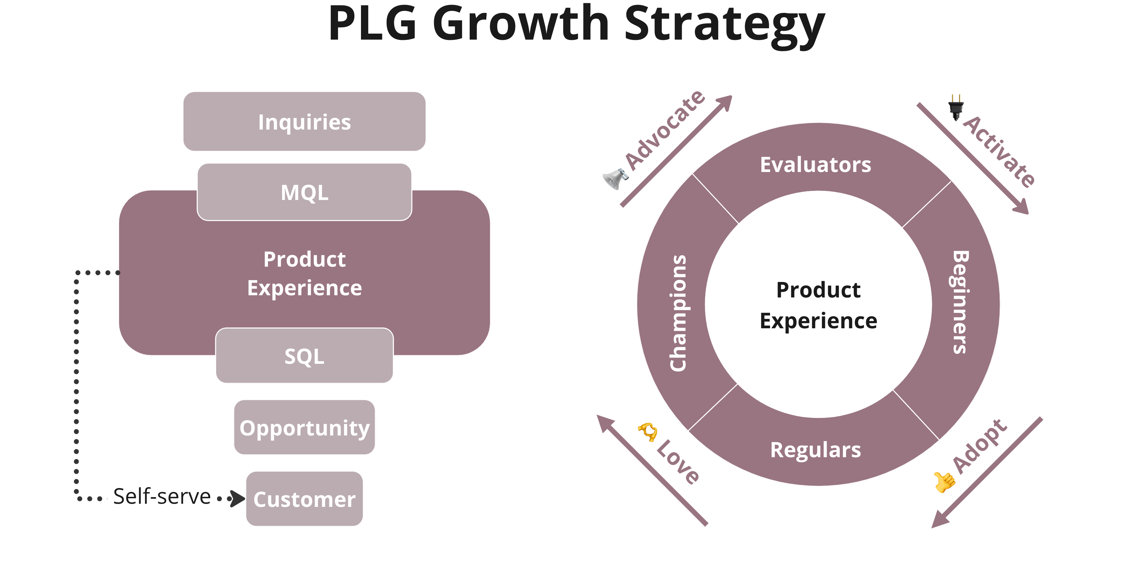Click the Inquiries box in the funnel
pos(304,122)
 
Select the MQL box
pos(304,192)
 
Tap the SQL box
pos(304,356)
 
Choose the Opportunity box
pos(304,428)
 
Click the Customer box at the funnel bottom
pos(304,499)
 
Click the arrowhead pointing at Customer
pos(238,499)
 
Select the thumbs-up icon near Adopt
pos(944,482)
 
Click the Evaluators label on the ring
pos(815,165)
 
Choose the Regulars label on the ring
pos(815,450)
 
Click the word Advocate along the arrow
pos(665,130)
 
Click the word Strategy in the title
pos(724,24)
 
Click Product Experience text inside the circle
pos(818,305)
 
